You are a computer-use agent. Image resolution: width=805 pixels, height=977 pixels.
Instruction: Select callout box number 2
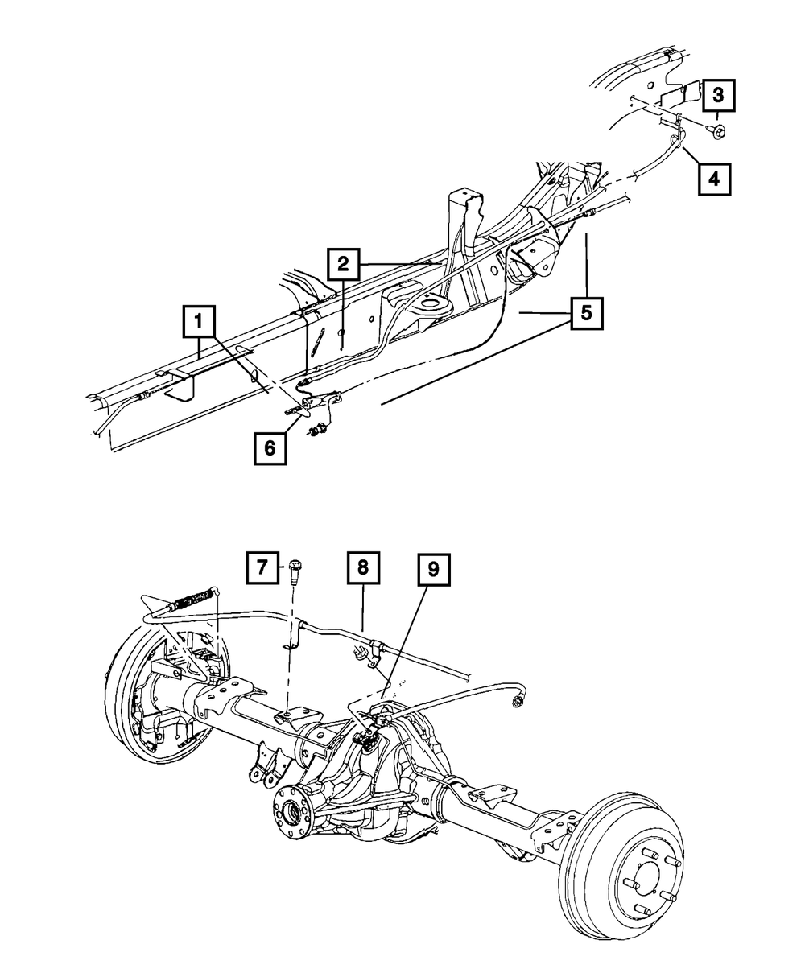coord(343,262)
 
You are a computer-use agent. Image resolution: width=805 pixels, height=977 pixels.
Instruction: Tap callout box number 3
coord(718,96)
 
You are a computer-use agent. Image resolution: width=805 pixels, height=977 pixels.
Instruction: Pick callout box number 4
coord(714,178)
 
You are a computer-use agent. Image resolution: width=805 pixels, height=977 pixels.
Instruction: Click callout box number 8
coord(363,568)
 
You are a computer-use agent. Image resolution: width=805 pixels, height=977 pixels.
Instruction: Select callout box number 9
coord(434,570)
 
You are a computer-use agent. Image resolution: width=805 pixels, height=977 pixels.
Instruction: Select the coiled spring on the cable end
coord(192,600)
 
